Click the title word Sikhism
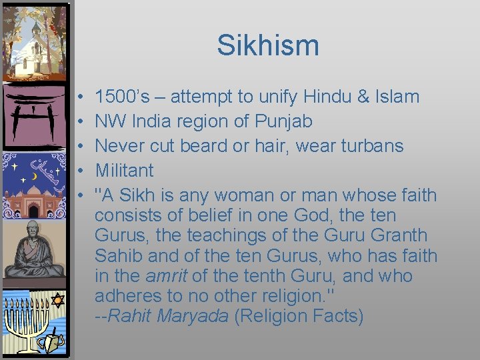[x=268, y=46]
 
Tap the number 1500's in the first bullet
[x=126, y=97]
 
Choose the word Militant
[x=124, y=170]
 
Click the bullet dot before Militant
[x=79, y=171]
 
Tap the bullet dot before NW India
[x=79, y=122]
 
